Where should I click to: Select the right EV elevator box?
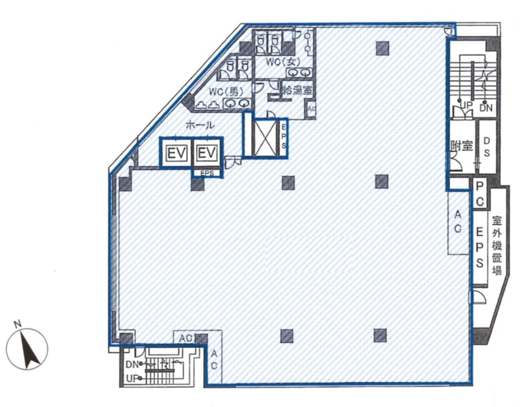pos(207,153)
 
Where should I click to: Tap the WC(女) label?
pos(280,62)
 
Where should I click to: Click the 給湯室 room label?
pos(297,91)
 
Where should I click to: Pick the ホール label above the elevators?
pos(199,125)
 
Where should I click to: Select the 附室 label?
pos(461,146)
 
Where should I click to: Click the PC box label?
pos(480,194)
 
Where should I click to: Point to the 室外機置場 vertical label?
pos(496,245)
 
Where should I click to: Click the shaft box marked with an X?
pos(265,137)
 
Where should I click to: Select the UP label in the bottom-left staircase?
pos(132,378)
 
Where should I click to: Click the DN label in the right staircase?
pos(486,108)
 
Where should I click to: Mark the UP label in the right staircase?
pos(466,105)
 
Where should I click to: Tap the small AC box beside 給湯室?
pos(311,109)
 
